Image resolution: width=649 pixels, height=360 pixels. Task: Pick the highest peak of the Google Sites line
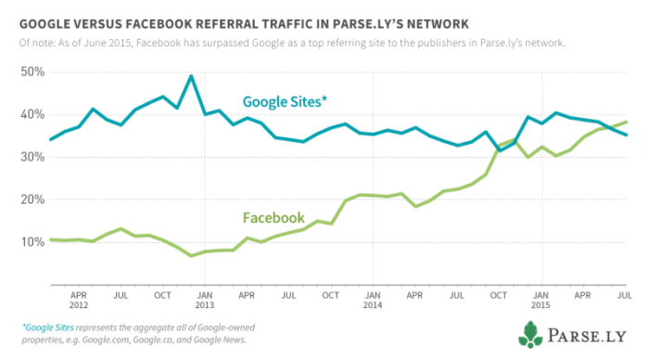pyautogui.click(x=191, y=76)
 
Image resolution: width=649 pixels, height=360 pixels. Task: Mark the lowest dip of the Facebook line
pyautogui.click(x=191, y=255)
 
